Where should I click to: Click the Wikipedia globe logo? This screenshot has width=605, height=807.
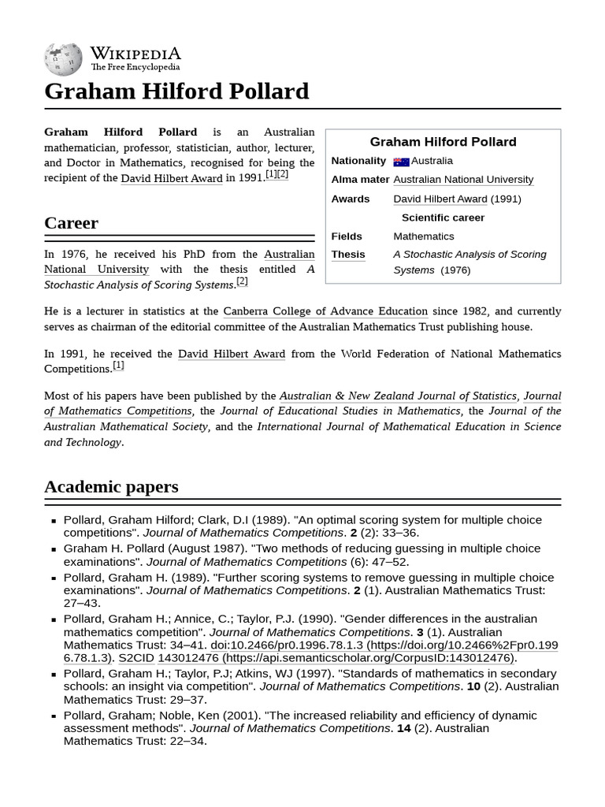63,59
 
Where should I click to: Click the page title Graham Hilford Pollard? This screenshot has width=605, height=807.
176,91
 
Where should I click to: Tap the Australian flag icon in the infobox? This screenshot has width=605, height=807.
401,162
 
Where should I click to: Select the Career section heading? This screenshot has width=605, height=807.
71,223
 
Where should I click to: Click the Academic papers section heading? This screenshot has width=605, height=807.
111,487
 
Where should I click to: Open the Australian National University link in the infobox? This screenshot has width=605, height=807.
463,180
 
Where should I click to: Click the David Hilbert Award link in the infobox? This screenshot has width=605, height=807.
440,199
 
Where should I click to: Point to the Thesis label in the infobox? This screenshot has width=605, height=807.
347,255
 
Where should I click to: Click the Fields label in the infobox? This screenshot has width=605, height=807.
347,236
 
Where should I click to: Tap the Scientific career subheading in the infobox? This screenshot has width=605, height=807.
443,218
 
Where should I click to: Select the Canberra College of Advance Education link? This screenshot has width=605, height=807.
325,311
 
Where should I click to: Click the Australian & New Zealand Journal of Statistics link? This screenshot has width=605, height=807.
399,396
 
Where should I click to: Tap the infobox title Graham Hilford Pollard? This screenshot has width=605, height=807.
443,142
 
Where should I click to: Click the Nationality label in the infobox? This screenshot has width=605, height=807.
358,161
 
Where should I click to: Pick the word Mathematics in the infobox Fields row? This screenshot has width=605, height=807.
424,236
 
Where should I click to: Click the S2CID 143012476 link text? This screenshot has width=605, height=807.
168,658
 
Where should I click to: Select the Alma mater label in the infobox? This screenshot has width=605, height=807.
360,180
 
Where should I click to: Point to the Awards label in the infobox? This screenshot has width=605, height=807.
350,199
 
